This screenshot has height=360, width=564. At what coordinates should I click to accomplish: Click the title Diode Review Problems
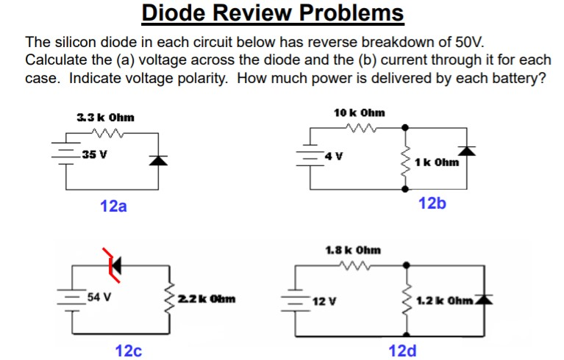pyautogui.click(x=272, y=13)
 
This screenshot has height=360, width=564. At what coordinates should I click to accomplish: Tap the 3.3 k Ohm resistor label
pyautogui.click(x=105, y=118)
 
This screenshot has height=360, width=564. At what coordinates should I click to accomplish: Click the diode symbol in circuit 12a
pyautogui.click(x=155, y=160)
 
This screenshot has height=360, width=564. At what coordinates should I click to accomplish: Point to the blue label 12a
pyautogui.click(x=113, y=206)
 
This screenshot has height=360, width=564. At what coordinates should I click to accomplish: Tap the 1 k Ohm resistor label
pyautogui.click(x=437, y=162)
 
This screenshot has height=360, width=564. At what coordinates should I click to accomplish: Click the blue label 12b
pyautogui.click(x=432, y=203)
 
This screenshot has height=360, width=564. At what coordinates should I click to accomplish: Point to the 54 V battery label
pyautogui.click(x=99, y=298)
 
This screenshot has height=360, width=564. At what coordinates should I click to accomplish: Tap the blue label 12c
pyautogui.click(x=129, y=350)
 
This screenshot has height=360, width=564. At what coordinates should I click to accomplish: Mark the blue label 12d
pyautogui.click(x=402, y=350)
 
